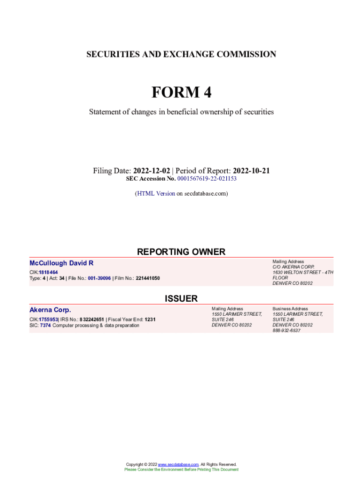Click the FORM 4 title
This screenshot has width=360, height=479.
[x=181, y=92]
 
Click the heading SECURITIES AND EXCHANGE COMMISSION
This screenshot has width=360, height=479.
[x=181, y=54]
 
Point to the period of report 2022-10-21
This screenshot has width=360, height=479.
[x=251, y=171]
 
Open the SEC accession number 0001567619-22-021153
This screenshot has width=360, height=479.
[x=207, y=179]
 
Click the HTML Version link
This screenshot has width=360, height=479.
[x=156, y=193]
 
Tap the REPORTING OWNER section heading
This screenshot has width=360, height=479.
[x=181, y=252]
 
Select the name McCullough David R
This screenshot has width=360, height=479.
[x=61, y=263]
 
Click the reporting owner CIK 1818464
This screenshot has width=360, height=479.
[x=48, y=272]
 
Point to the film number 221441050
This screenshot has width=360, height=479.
[x=147, y=278]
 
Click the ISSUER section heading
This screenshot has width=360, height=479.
[x=181, y=298]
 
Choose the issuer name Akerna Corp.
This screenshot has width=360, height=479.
[x=50, y=310]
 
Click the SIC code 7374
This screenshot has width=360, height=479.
[x=45, y=325]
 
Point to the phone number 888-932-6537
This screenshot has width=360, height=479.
[x=287, y=330]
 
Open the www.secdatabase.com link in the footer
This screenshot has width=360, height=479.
[x=178, y=464]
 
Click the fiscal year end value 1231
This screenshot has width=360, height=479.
[x=150, y=319]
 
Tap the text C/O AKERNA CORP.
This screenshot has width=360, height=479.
[x=290, y=267]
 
